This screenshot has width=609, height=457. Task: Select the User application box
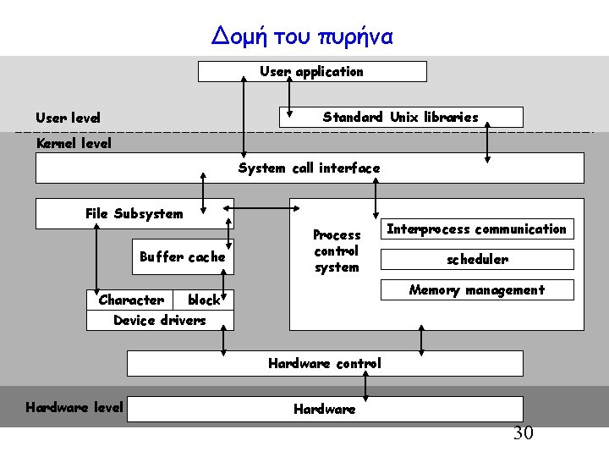point(312,72)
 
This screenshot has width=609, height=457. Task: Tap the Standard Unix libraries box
point(401,118)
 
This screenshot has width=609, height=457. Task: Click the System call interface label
point(310,168)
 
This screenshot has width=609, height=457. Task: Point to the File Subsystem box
point(134,213)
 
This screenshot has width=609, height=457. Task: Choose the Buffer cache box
point(183,257)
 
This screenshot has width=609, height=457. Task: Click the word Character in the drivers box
point(131,300)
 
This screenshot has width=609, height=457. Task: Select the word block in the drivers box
point(204,300)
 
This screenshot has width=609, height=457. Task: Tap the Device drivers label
point(160,320)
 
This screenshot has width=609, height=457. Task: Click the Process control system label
point(337,251)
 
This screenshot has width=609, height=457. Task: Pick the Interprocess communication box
point(476,229)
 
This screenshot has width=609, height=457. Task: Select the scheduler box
point(477,260)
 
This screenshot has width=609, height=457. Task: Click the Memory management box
point(477,290)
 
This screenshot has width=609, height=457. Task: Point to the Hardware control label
point(325,364)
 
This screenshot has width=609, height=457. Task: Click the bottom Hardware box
point(325,410)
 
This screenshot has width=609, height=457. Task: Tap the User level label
point(68,118)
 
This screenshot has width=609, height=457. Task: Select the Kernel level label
point(74,144)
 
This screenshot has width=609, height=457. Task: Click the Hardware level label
point(74,408)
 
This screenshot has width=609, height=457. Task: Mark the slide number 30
point(524,434)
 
